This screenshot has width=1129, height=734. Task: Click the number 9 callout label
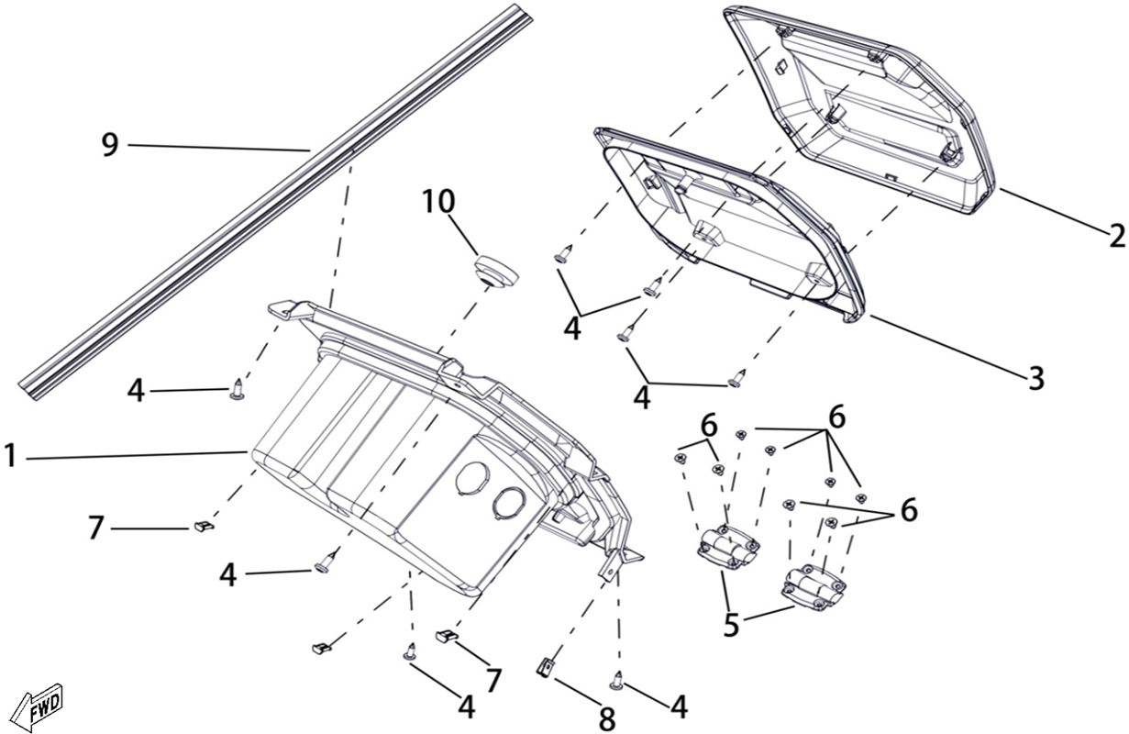click(x=110, y=145)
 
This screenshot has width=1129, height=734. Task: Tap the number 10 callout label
click(x=438, y=201)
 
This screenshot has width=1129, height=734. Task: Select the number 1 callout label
click(x=11, y=457)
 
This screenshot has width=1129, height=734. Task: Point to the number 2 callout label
click(x=1116, y=236)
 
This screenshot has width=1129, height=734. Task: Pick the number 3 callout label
click(x=1036, y=378)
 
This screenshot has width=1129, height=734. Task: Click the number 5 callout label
click(x=731, y=625)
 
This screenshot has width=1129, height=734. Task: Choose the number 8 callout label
click(x=607, y=719)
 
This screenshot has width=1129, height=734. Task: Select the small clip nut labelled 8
click(x=546, y=668)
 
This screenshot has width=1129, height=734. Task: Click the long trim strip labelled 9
click(x=275, y=202)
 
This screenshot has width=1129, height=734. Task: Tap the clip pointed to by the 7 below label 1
click(x=204, y=527)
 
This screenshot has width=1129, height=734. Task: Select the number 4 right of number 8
click(x=679, y=706)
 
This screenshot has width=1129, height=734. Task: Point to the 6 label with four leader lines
click(x=837, y=417)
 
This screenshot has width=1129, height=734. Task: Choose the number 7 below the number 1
click(x=95, y=528)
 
